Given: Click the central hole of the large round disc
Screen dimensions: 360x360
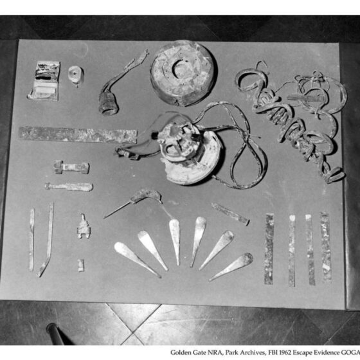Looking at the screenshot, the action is tap(181, 69).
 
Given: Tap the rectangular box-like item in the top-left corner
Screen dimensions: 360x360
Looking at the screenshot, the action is tap(44, 81).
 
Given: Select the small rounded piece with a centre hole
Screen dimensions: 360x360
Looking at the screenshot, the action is tap(76, 75).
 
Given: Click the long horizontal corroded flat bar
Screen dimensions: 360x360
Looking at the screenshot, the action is tap(78, 135).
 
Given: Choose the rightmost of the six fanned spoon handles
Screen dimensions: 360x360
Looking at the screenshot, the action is tap(232, 266).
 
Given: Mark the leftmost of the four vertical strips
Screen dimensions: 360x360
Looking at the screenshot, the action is tap(269, 249).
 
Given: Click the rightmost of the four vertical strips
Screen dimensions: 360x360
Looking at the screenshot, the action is tap(326, 246).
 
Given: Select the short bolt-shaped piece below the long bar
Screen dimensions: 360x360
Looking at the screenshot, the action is tap(71, 167).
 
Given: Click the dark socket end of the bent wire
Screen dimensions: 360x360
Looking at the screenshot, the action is tap(108, 104).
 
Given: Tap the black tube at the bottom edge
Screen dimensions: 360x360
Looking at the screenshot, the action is tap(55, 334).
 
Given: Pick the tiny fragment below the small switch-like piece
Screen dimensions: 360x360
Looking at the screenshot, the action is tap(80, 265).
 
